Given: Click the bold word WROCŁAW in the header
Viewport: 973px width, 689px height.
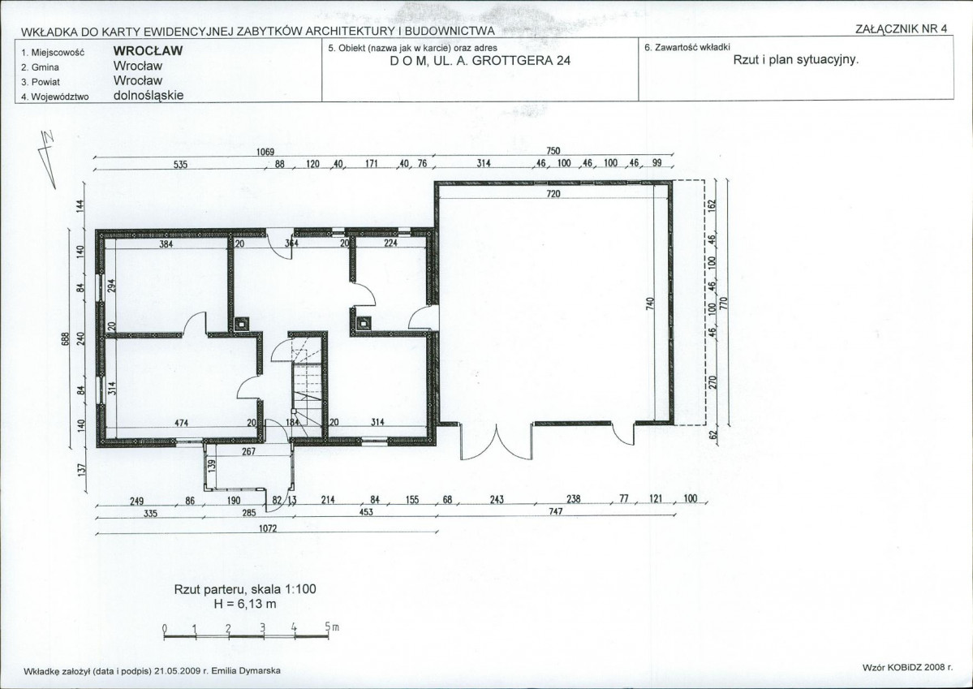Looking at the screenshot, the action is click(149, 51).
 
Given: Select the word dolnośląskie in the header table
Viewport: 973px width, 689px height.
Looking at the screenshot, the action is click(149, 96).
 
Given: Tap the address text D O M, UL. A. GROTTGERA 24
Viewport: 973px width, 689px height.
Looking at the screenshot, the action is click(480, 61).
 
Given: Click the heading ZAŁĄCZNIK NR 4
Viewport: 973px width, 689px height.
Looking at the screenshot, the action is click(901, 28).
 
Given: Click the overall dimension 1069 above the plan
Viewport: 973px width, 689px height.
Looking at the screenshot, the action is click(265, 152).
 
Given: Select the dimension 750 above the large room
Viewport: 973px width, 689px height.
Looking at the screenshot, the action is click(553, 151).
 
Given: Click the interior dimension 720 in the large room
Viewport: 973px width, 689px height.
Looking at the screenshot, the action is click(553, 194).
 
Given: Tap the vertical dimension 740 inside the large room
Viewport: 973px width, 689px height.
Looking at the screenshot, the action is click(650, 304).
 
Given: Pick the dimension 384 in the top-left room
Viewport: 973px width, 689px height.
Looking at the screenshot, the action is click(166, 244).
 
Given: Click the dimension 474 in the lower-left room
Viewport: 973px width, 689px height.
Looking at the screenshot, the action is click(181, 424).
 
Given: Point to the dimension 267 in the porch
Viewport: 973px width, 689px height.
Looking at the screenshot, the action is click(249, 451).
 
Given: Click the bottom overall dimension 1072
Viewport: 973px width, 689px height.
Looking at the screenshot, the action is click(268, 528).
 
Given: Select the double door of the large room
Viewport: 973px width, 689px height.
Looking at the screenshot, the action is click(496, 441).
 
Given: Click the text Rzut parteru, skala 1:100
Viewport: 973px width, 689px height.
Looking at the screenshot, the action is click(245, 589).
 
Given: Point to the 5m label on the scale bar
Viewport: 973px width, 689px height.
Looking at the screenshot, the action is click(332, 627).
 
